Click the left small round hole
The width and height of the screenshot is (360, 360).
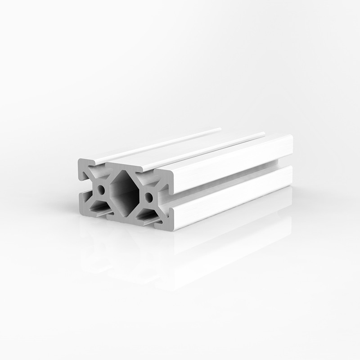point(102,190)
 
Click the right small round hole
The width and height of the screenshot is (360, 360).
point(148,197)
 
